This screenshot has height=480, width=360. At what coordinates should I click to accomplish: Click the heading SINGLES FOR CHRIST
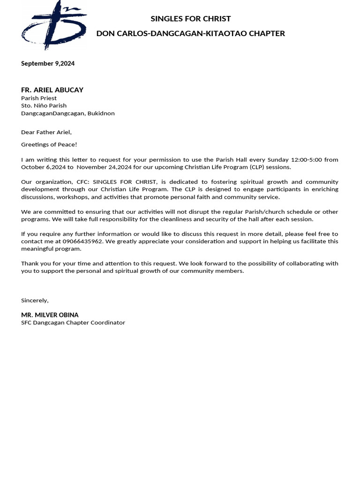[x=190, y=19]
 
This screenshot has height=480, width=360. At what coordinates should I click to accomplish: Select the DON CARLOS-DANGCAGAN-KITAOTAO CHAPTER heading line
[x=190, y=33]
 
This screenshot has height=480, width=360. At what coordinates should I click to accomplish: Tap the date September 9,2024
[x=48, y=64]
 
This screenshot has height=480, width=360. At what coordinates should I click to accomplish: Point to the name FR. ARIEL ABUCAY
[x=52, y=90]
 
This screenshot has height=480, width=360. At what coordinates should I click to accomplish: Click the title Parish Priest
[x=39, y=98]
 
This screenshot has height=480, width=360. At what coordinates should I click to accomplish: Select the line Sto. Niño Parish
[x=44, y=106]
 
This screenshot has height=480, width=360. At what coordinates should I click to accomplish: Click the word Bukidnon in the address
[x=101, y=113]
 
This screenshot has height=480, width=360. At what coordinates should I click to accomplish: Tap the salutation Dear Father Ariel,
[x=46, y=132]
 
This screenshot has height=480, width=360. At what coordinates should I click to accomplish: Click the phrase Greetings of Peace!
[x=49, y=145]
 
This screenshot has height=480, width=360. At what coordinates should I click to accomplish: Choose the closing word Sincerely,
[x=35, y=300]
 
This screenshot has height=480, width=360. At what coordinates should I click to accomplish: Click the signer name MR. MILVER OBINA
[x=50, y=315]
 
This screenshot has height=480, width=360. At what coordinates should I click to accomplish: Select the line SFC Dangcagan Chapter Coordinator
[x=73, y=322]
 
